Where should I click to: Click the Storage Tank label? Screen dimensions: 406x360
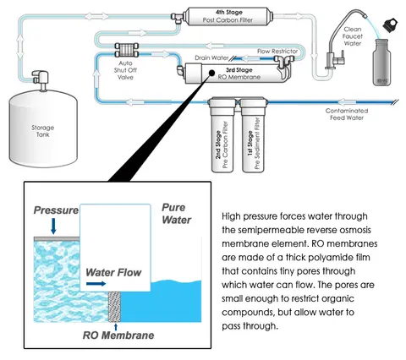tap(42, 131)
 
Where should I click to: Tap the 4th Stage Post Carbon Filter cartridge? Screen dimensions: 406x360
tap(228, 16)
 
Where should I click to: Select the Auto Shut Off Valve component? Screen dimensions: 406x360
tap(126, 50)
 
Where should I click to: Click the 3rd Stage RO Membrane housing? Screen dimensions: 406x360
tap(235, 74)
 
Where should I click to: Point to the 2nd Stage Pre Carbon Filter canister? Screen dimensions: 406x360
tap(222, 135)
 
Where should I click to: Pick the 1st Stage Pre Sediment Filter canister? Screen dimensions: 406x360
tap(254, 135)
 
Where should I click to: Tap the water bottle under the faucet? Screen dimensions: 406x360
tap(381, 63)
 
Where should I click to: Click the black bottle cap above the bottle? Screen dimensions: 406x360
tap(390, 25)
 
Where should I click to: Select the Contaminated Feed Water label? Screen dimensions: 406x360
tap(347, 114)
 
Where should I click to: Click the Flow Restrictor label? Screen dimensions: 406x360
tap(277, 52)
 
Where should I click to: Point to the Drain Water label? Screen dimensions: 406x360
tap(211, 57)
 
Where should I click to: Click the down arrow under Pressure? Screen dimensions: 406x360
tap(53, 226)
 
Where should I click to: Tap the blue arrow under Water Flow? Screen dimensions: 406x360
tap(96, 284)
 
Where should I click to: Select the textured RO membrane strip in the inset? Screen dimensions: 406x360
tap(114, 307)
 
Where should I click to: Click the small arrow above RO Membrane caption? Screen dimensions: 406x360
tap(116, 327)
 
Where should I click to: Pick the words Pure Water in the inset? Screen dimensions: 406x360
tap(177, 214)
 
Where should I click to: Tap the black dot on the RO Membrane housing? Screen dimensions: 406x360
tap(211, 73)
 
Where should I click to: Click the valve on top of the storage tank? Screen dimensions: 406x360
tap(41, 79)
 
